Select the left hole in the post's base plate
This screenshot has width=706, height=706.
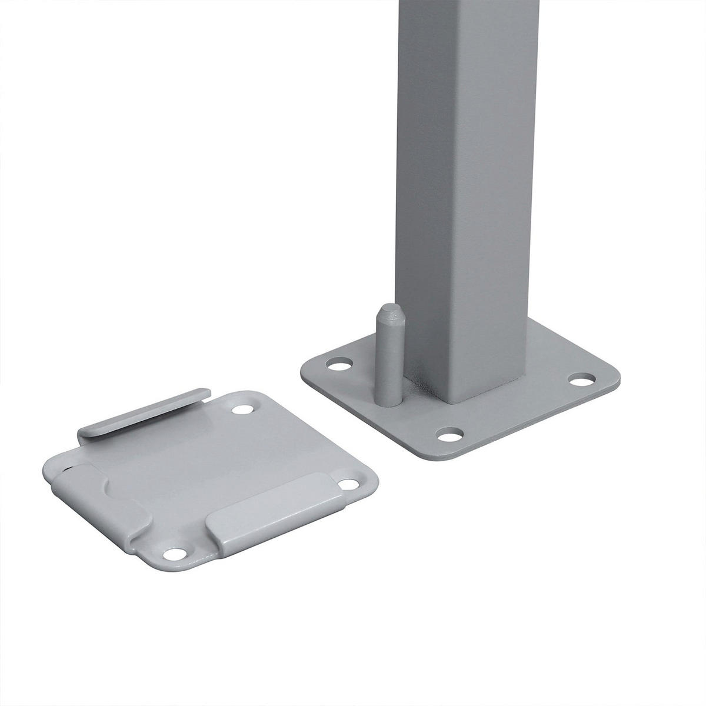(x=338, y=365)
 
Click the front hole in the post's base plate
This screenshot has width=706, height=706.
(x=451, y=436)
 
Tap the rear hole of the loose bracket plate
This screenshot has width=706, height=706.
(x=242, y=409)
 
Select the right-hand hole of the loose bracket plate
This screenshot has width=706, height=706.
(x=351, y=484)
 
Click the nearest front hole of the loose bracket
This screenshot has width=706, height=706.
(x=175, y=554)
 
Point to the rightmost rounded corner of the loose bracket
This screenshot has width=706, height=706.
(x=373, y=482)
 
